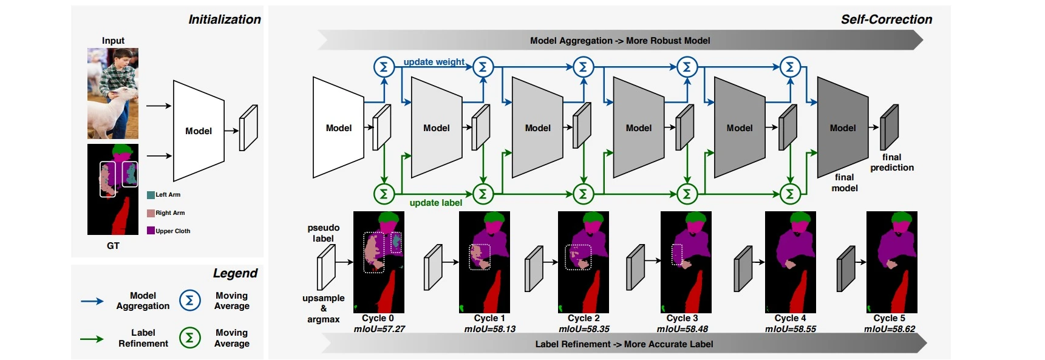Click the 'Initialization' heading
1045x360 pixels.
[224, 19]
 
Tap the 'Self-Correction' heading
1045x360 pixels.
[886, 19]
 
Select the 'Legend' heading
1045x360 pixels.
[235, 273]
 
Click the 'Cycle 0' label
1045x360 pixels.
[378, 318]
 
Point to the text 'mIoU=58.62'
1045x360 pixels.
[889, 329]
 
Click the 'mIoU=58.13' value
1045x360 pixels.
[489, 329]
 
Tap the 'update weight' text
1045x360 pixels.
[434, 62]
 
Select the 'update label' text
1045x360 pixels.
[435, 203]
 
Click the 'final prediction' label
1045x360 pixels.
[891, 162]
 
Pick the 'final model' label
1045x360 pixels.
[844, 182]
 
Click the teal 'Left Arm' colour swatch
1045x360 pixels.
[151, 195]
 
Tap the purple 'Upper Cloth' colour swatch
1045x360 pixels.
[151, 231]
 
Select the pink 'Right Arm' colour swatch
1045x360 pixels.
[151, 213]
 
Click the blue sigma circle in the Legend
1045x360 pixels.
[189, 301]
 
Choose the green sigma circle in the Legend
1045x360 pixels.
[189, 338]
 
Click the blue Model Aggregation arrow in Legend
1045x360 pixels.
[92, 301]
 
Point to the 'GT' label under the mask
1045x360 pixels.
[113, 246]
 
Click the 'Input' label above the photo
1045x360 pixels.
[113, 41]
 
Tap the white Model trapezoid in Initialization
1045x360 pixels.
[199, 131]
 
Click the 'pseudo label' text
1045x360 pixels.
[323, 233]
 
